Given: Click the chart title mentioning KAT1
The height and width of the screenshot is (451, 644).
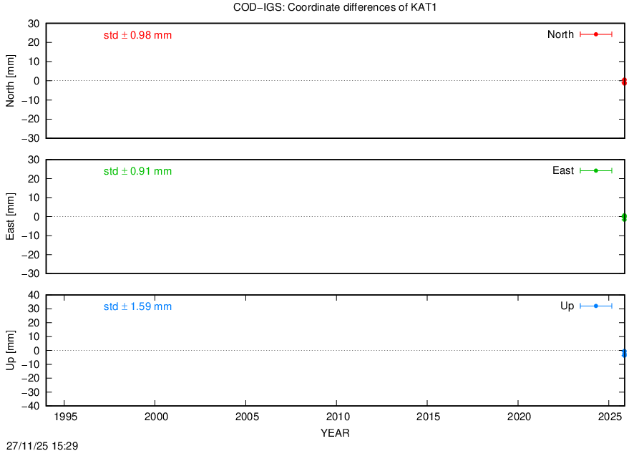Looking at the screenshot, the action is tap(335, 7).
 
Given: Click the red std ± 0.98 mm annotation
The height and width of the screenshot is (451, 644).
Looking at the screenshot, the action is tap(137, 35).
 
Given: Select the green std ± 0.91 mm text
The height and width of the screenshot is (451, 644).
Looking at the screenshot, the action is tap(137, 171).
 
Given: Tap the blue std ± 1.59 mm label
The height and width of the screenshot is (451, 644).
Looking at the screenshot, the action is tap(137, 307).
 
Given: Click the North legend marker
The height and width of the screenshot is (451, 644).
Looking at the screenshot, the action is tap(596, 34).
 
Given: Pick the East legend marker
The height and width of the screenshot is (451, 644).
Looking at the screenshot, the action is tap(596, 170).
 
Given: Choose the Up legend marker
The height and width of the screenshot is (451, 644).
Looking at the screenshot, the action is tap(596, 306).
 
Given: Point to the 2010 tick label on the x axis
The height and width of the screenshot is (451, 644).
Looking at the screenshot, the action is tap(338, 417).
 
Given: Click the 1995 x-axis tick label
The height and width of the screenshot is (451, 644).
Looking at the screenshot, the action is tap(65, 417).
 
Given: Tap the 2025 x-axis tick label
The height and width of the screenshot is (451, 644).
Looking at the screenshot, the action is tap(610, 417).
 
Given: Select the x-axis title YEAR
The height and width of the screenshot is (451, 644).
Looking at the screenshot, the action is tap(335, 433).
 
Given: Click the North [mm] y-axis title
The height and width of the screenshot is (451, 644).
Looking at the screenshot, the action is tap(10, 81).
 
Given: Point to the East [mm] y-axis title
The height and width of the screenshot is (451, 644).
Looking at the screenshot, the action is tap(10, 216).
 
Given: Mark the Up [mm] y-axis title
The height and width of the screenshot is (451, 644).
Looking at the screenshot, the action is tap(10, 350).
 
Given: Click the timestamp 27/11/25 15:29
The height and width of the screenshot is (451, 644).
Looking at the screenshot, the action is tap(42, 446).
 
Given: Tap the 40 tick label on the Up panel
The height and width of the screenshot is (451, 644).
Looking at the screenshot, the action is tap(34, 296).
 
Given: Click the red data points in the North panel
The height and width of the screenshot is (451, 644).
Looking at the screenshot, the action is tap(624, 82).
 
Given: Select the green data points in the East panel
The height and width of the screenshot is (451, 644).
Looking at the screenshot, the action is tap(624, 218).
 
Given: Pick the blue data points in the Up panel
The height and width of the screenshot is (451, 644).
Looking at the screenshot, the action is tap(624, 353).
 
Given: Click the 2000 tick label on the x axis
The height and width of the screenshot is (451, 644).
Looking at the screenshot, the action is tap(156, 417).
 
